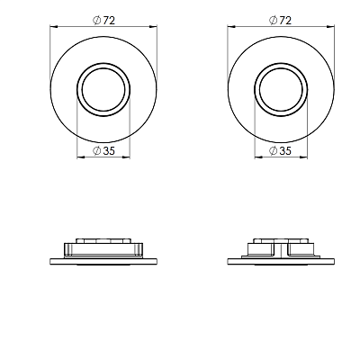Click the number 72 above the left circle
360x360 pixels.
[109, 21]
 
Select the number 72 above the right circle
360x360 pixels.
[285, 21]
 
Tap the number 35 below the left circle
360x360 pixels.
[109, 150]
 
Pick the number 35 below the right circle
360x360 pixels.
[285, 150]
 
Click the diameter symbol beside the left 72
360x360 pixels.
[97, 21]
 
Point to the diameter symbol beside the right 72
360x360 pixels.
[274, 21]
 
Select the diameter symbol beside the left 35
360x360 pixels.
[97, 151]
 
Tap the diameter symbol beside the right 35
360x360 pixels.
[274, 151]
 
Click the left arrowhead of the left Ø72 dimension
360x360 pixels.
[53, 27]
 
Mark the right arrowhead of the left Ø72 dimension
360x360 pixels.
[153, 27]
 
